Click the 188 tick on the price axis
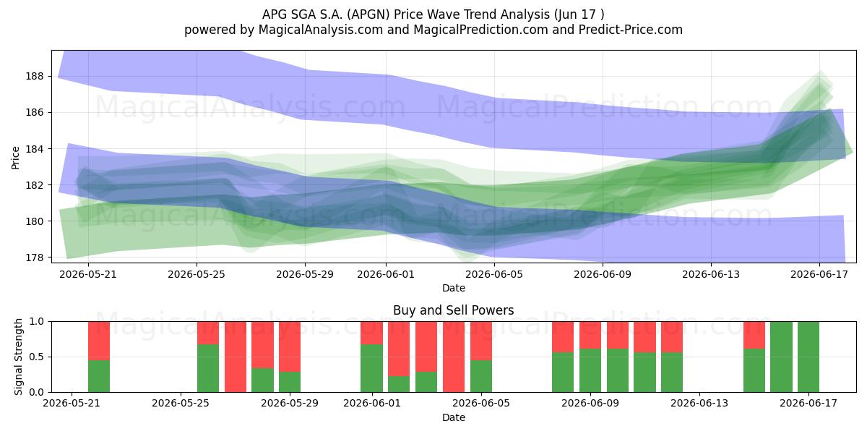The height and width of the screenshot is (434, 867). click(x=35, y=77)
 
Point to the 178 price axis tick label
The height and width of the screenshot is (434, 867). click(x=35, y=258)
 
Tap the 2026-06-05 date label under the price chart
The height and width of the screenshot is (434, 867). click(x=494, y=275)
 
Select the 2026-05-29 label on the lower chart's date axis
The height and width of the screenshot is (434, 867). click(x=290, y=404)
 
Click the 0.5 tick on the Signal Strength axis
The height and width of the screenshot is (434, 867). click(x=36, y=357)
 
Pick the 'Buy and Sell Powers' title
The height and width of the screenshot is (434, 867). click(x=453, y=310)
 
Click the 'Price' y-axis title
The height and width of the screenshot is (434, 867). click(x=15, y=158)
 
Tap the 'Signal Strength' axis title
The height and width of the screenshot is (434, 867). click(x=18, y=357)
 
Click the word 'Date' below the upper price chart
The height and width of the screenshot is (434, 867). click(x=454, y=289)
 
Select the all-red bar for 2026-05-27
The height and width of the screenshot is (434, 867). click(x=236, y=357)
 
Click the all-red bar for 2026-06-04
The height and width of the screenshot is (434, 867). click(x=454, y=357)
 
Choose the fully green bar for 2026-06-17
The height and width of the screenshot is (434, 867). click(x=808, y=357)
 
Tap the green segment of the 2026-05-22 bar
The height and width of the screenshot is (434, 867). click(x=99, y=376)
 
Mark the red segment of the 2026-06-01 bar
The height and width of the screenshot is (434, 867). click(x=371, y=333)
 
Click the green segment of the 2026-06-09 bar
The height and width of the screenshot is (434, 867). click(x=590, y=370)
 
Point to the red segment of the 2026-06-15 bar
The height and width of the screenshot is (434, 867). click(x=754, y=335)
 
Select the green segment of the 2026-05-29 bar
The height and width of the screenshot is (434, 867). click(x=290, y=382)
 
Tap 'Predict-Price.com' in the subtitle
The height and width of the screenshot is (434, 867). click(x=631, y=30)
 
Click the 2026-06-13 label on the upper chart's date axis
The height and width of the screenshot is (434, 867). click(x=711, y=275)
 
